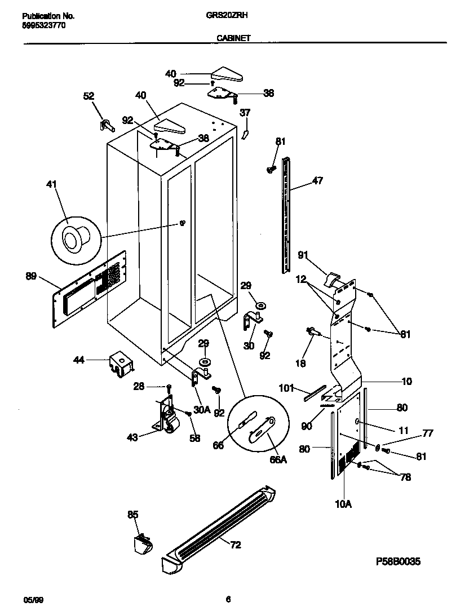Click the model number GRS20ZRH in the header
coord(232,17)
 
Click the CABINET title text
coord(234,38)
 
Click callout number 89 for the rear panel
coord(32,276)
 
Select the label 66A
coord(278,459)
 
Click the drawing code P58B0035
coord(398,562)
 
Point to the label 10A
coord(344,504)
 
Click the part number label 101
coord(287,387)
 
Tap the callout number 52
coord(89,96)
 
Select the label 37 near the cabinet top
coord(245,113)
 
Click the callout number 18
coord(301,364)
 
